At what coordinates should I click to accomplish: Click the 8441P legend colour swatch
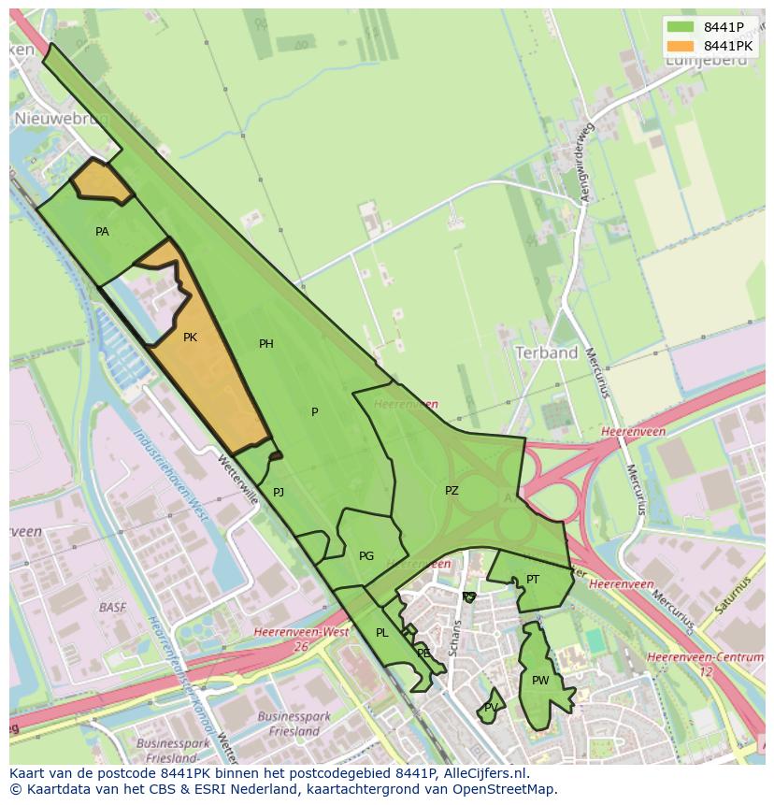[681, 27]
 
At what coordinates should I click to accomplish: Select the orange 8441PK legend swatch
[681, 46]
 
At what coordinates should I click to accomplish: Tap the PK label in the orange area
[190, 338]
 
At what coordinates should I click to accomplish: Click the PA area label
[102, 231]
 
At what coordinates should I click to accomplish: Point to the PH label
[266, 344]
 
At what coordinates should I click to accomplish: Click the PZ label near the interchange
[451, 490]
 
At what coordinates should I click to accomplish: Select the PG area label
[366, 556]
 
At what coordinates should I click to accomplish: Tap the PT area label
[533, 580]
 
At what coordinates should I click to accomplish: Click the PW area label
[540, 681]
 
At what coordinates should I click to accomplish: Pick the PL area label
[381, 633]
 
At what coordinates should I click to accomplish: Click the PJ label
[279, 492]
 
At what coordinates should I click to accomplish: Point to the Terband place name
[546, 352]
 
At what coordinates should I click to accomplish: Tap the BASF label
[111, 608]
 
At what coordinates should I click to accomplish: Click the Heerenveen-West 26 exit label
[301, 639]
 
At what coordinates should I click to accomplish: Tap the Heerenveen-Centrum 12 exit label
[706, 664]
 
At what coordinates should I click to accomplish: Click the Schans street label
[456, 637]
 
